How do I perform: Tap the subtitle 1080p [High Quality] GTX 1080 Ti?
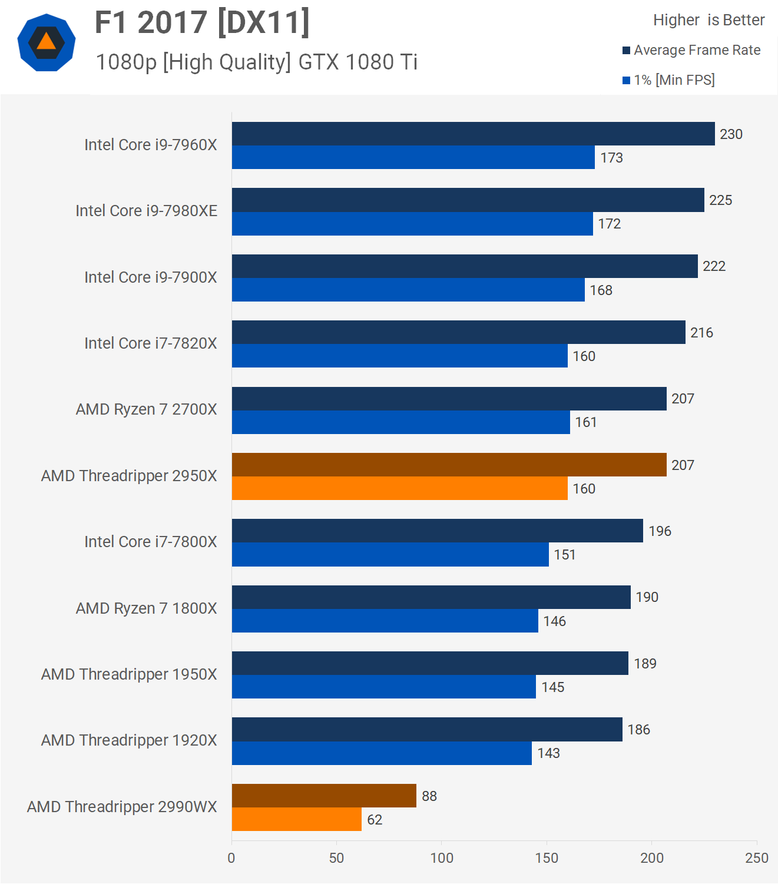coord(257,62)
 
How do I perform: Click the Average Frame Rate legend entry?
coord(691,50)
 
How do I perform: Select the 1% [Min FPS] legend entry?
coord(668,80)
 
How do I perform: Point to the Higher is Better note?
coord(709,20)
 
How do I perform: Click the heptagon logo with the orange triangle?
coord(47,42)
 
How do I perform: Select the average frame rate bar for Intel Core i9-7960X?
coord(473,134)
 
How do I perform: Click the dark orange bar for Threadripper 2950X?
coord(449,465)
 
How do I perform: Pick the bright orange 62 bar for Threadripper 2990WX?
coord(297,819)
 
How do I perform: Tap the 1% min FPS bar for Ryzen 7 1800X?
coord(385,621)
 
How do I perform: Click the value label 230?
coord(731,134)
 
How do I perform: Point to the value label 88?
coord(429,796)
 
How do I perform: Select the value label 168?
coord(601,290)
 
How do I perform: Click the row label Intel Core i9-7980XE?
coord(146,211)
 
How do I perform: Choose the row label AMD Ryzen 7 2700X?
coord(146,409)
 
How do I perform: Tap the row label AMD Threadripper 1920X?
coord(129,740)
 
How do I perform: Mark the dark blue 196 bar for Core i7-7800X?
coord(437,531)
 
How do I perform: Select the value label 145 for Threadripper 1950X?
coord(553,687)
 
